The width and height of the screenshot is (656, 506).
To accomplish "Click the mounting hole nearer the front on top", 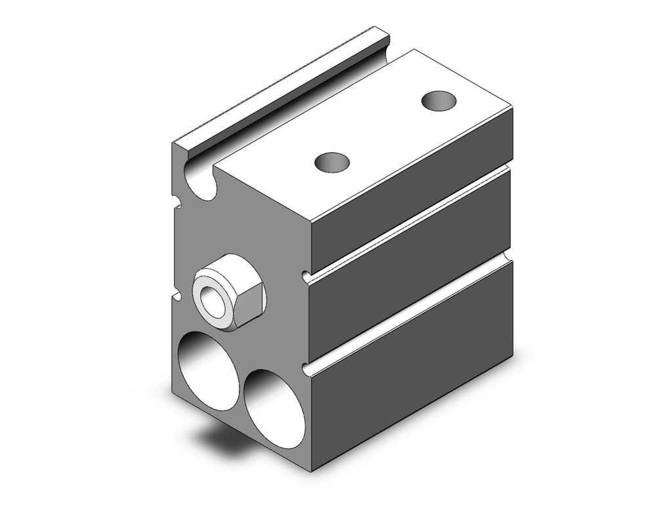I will (333, 162).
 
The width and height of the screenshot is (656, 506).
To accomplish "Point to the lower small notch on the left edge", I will (177, 296).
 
